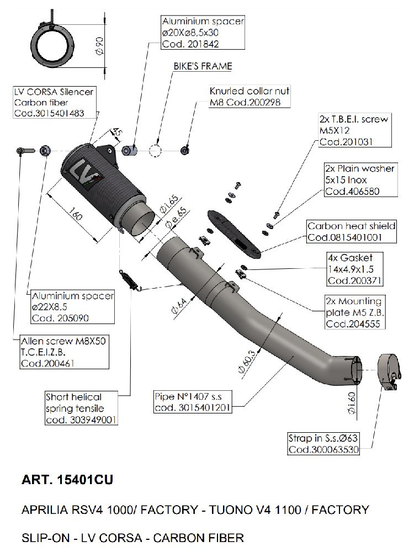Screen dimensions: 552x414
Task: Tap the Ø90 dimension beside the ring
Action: click(x=100, y=45)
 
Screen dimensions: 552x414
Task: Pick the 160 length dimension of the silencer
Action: click(x=77, y=215)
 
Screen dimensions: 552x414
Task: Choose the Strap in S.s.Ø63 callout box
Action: click(x=323, y=443)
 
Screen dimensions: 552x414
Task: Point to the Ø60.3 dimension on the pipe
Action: click(x=246, y=361)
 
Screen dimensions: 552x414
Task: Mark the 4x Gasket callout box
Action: click(x=353, y=269)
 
